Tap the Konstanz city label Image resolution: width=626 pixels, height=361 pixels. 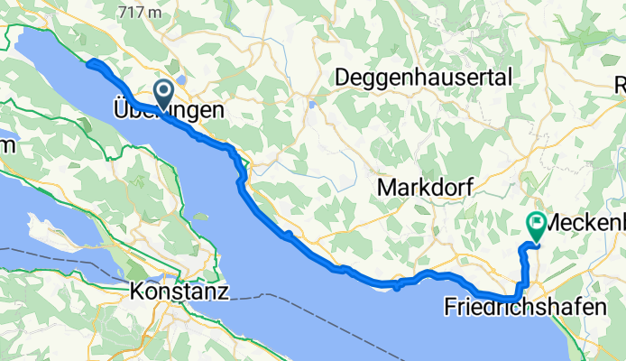pos(180,292)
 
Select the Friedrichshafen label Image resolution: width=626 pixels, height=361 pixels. pos(525,307)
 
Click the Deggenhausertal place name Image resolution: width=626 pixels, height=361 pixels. pos(422,78)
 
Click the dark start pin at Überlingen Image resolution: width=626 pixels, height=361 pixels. pos(164,90)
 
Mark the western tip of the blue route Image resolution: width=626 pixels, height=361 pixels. pos(87,62)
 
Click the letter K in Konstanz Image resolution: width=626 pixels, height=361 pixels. pos(138,292)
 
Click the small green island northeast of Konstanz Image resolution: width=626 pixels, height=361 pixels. pos(198,215)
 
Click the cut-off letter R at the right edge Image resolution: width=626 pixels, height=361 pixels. pos(621,85)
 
